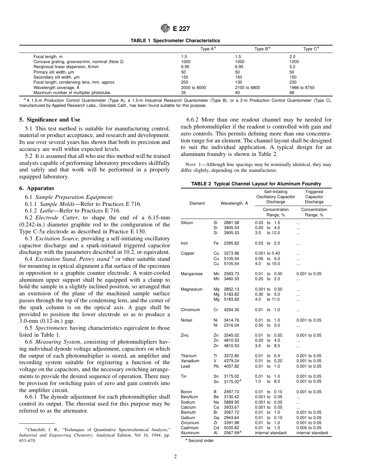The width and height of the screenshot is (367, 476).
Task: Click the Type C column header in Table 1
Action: point(311,49)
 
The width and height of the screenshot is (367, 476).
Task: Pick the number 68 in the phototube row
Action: point(292,93)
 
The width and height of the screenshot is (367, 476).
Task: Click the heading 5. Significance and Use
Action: point(50,120)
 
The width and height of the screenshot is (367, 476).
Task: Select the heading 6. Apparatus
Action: point(37,188)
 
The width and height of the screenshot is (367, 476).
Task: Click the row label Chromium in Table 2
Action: point(190,310)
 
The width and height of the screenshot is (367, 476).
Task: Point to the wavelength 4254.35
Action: point(231,310)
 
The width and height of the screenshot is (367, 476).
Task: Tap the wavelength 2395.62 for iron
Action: point(231,243)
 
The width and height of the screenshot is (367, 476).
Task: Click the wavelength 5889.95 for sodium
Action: point(231,402)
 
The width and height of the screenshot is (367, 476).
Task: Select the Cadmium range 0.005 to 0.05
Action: point(309,428)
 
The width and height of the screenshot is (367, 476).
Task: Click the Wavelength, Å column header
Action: point(234,203)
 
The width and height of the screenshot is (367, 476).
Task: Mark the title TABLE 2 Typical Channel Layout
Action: point(256,184)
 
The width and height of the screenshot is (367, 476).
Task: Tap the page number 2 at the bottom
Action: point(175,457)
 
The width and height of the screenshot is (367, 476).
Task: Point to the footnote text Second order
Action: point(201,440)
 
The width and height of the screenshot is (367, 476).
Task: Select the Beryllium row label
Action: point(189,397)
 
